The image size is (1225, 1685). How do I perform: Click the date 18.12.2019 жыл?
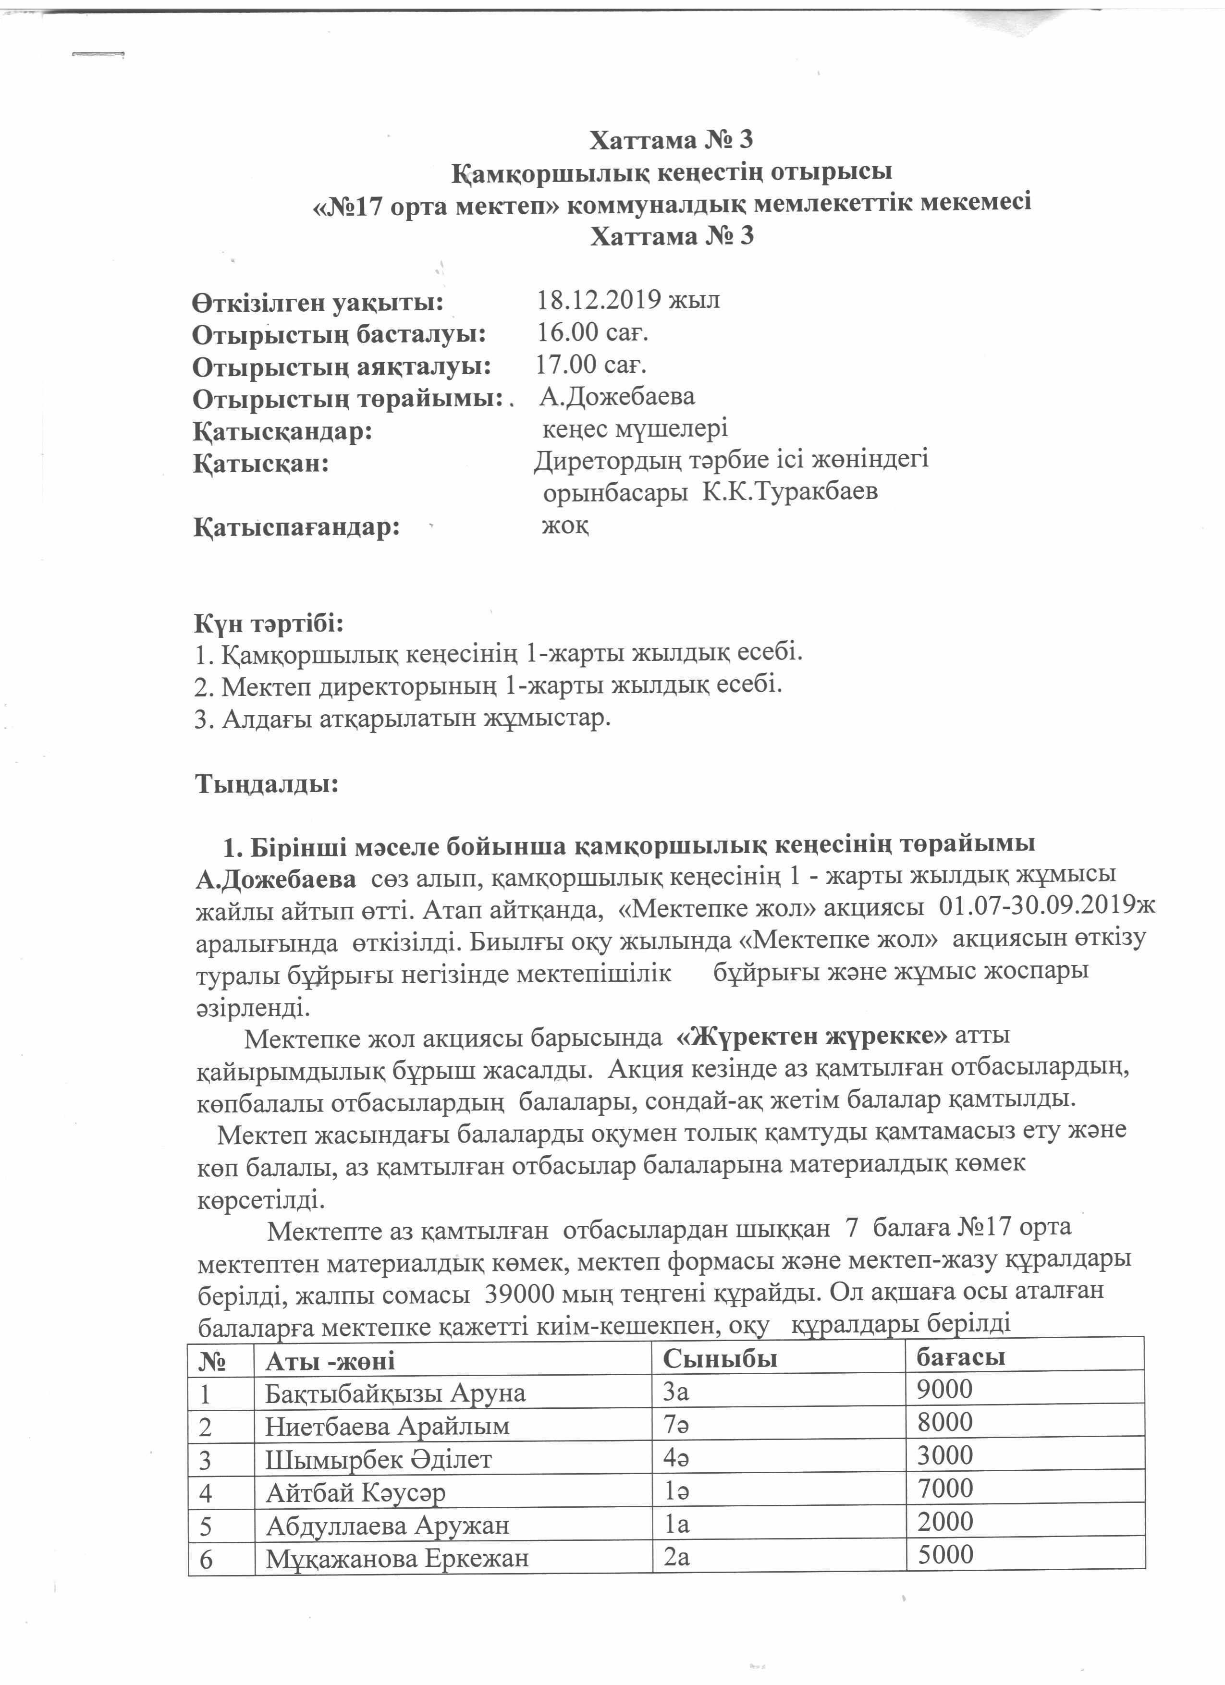point(628,300)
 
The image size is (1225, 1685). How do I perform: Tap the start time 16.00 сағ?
point(593,333)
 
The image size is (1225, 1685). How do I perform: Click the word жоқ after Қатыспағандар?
point(565,526)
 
